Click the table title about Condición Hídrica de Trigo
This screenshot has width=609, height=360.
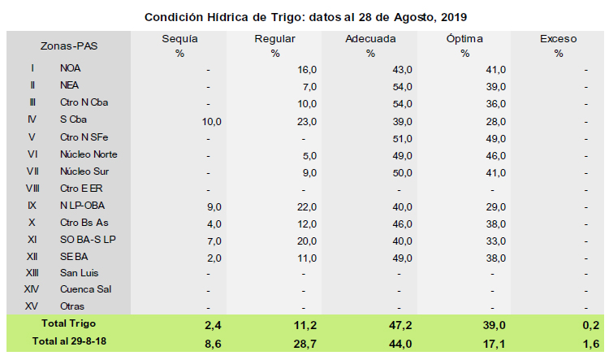305,16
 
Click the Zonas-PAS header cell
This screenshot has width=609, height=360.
69,46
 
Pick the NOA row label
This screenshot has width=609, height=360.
71,70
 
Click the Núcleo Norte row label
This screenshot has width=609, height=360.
89,154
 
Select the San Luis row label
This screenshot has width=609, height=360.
79,273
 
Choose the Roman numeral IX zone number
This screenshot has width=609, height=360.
32,206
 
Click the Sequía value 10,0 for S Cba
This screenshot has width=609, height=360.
210,121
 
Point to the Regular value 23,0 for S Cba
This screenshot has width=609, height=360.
305,121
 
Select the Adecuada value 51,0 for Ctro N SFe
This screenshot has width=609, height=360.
401,138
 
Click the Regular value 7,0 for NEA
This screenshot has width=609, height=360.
309,87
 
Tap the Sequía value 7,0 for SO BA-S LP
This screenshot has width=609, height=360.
213,239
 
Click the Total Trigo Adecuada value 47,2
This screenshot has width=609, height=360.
400,325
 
